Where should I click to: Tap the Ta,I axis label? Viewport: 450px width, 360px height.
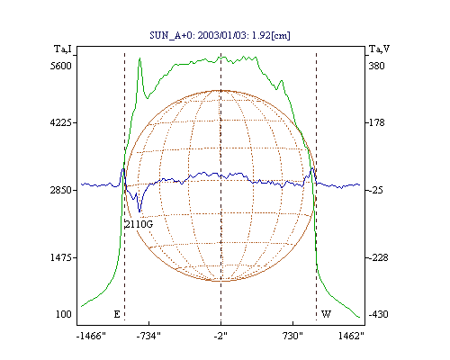(63, 49)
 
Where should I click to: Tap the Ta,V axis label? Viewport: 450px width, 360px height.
(379, 49)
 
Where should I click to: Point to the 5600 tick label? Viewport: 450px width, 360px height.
(61, 66)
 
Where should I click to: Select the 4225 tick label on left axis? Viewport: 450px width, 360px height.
(61, 122)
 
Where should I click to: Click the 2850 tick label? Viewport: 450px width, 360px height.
(61, 190)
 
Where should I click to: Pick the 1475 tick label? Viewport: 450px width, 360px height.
(61, 257)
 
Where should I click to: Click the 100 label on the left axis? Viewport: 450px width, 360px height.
(64, 314)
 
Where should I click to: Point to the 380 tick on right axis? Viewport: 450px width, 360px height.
(376, 66)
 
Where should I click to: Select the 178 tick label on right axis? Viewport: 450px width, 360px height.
(376, 122)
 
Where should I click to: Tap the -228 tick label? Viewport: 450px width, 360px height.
(379, 257)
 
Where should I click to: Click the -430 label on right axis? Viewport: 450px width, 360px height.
(379, 314)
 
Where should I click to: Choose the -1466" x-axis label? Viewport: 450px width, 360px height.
(91, 336)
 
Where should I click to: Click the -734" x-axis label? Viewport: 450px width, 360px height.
(148, 336)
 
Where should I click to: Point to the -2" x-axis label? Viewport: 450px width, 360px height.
(220, 336)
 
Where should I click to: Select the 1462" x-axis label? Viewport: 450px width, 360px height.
(351, 336)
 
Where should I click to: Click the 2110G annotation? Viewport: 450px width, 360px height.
(139, 224)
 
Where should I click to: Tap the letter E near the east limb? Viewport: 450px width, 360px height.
(117, 314)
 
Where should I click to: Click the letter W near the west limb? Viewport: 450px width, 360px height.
(326, 314)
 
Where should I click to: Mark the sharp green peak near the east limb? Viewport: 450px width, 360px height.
(139, 58)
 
